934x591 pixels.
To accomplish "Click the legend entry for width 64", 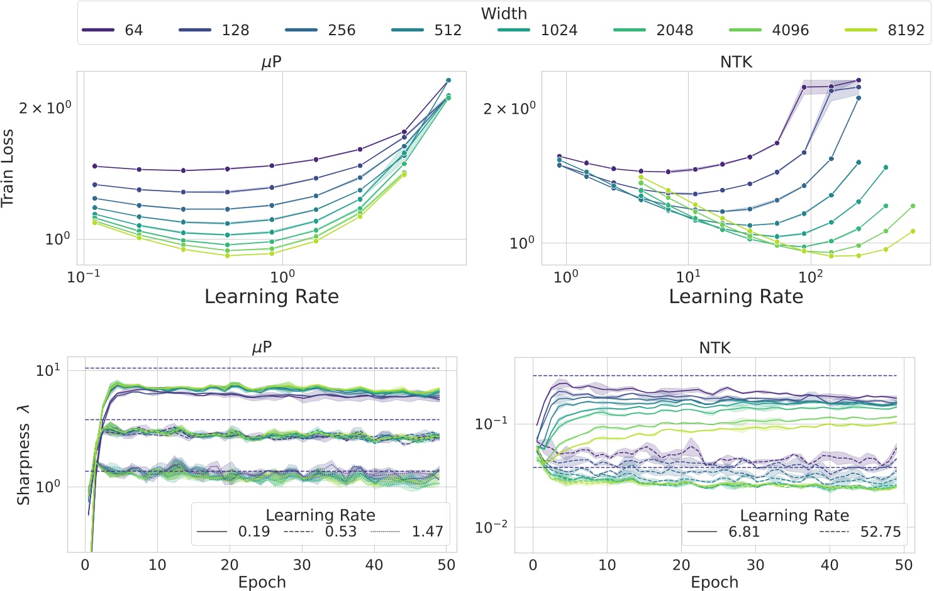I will [x=113, y=30].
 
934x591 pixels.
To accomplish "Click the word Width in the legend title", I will [x=504, y=13].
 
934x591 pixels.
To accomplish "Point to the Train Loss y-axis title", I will [x=8, y=168].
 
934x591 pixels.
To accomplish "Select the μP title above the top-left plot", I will [x=271, y=62].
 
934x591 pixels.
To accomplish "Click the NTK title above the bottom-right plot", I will [x=714, y=348].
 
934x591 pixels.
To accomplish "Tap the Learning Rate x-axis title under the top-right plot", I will [x=736, y=297].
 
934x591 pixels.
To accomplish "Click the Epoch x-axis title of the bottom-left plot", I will [x=262, y=582].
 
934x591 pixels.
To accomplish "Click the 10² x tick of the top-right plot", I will [x=811, y=277].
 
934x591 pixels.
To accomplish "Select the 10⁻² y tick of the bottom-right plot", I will [x=491, y=527].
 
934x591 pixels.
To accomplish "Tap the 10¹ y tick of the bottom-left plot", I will [x=48, y=370].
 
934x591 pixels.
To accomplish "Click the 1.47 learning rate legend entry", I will [x=407, y=532].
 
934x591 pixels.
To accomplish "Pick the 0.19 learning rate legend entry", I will [x=233, y=532].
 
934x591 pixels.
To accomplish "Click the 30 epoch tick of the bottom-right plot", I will [x=755, y=565].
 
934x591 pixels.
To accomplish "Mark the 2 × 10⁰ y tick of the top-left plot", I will [x=45, y=108].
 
